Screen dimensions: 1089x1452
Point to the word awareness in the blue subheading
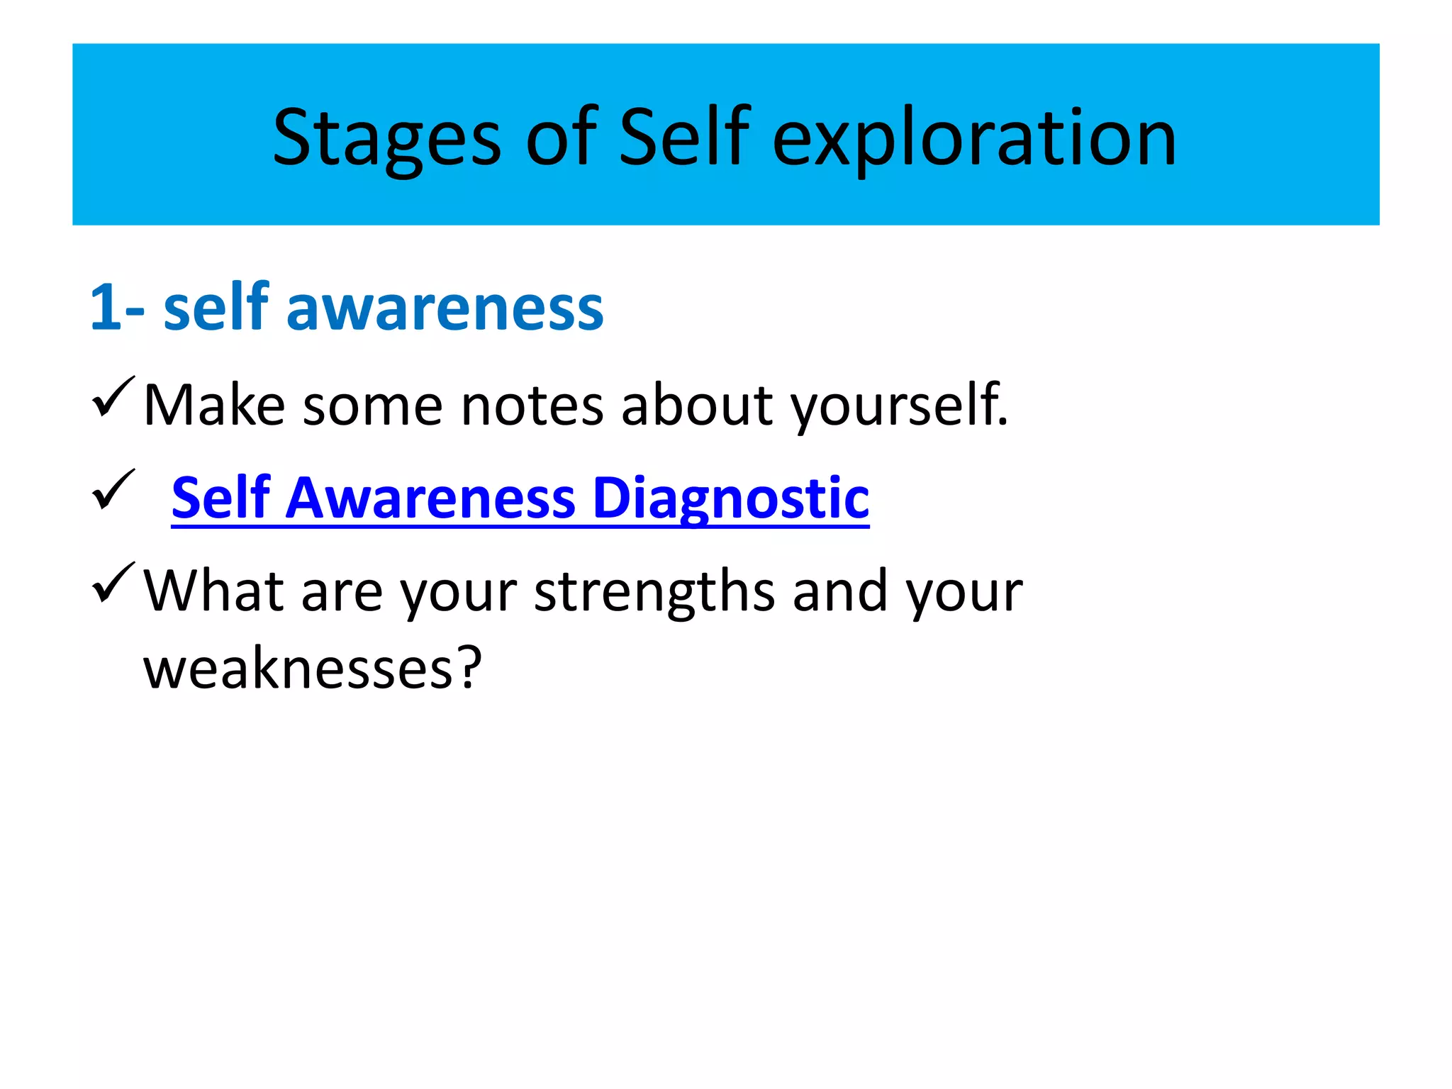point(445,308)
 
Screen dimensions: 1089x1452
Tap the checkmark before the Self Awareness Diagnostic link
point(112,490)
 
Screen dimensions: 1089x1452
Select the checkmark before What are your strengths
point(112,583)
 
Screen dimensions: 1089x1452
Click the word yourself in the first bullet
point(898,406)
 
